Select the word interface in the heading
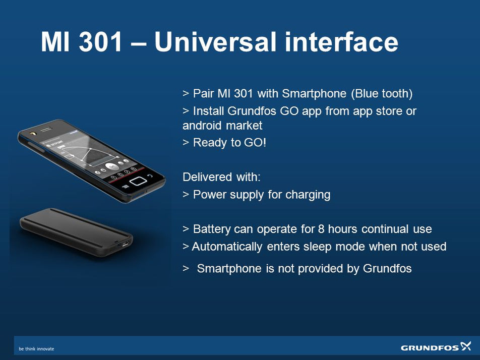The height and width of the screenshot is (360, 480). [341, 42]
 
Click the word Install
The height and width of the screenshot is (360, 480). [208, 111]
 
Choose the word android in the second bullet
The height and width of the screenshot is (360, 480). [203, 125]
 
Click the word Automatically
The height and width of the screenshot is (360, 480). [227, 247]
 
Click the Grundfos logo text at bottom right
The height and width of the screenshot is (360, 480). [430, 347]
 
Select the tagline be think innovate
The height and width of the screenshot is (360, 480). [36, 349]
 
